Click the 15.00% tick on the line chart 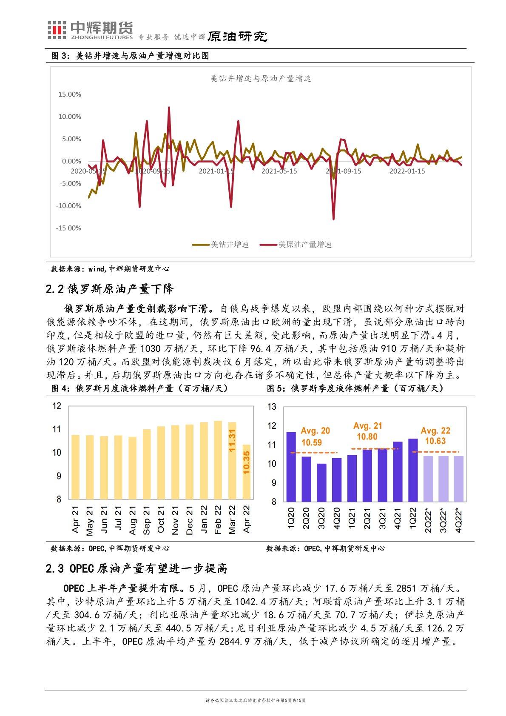coord(69,94)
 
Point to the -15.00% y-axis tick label coord(68,228)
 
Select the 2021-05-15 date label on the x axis coord(279,171)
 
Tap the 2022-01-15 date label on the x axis coord(407,171)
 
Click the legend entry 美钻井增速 coord(220,245)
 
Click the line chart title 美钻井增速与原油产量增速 coord(261,79)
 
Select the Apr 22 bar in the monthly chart coord(246,471)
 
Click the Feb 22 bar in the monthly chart coord(218,459)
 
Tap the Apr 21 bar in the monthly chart coord(75,467)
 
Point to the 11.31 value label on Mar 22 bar coord(232,440)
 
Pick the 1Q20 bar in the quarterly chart coord(291,467)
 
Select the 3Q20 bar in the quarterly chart coord(321,482)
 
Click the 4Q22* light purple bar coord(458,479)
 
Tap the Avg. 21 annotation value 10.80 coord(367,436)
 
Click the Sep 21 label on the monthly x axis coord(147,520)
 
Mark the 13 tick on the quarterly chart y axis coord(272,407)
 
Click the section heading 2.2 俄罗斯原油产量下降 coord(110,289)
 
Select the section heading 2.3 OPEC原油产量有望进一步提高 coord(136,568)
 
